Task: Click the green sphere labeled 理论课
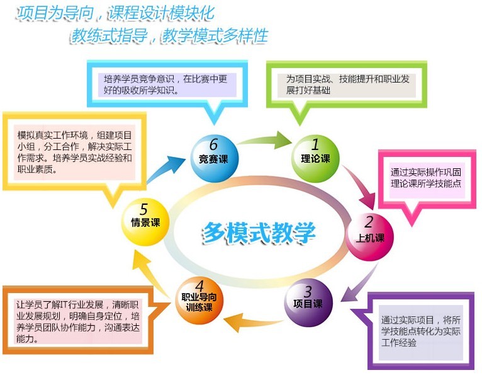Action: coord(315,159)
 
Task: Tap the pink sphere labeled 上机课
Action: coord(369,237)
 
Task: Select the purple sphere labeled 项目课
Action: coord(308,303)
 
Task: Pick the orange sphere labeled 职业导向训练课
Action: coord(199,300)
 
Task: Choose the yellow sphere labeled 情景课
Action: coord(145,222)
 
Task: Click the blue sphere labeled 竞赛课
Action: coord(214,159)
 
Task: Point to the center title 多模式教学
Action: coord(259,233)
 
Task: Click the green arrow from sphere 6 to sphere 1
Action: coord(265,140)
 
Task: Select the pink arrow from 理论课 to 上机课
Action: coord(361,185)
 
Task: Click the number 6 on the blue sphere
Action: coord(214,144)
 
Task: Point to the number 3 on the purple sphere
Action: coord(308,291)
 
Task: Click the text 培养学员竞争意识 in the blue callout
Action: coord(139,79)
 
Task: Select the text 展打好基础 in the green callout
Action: coord(308,90)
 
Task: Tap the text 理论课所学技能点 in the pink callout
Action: coord(426,183)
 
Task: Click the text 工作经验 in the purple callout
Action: coord(399,342)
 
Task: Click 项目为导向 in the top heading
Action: coord(55,13)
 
